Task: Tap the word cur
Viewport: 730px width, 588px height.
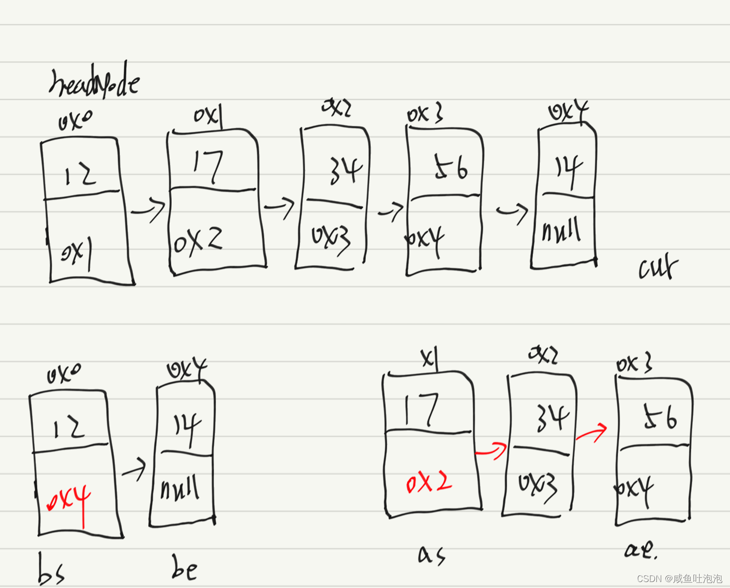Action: [658, 267]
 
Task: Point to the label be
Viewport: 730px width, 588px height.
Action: [184, 568]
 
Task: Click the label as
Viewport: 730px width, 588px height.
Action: [431, 555]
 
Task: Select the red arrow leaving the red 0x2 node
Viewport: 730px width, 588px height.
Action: [491, 451]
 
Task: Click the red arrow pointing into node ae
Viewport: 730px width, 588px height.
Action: [592, 432]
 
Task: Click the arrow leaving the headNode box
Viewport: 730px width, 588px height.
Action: [148, 210]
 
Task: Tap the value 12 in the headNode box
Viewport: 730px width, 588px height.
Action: [80, 175]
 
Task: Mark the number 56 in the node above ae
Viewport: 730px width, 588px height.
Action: [660, 417]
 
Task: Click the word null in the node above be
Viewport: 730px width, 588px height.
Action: [180, 488]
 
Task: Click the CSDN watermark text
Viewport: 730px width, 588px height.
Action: [679, 579]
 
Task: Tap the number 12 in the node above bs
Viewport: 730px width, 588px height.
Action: [69, 427]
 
